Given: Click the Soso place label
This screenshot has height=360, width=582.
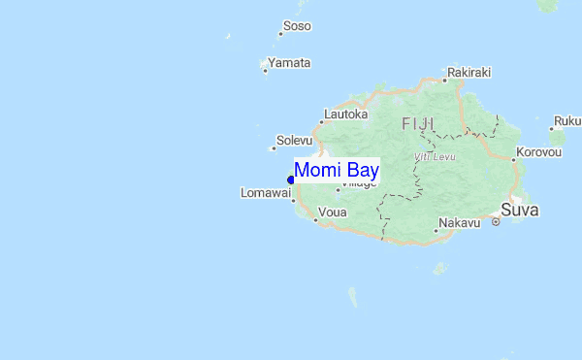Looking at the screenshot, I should click(x=297, y=26).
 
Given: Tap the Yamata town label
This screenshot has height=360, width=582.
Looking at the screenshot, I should click(x=290, y=63).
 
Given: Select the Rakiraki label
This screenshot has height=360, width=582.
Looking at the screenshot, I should click(x=469, y=72).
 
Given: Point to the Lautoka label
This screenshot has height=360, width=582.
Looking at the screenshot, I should click(x=347, y=114).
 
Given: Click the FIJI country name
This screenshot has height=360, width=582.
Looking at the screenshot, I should click(x=418, y=123).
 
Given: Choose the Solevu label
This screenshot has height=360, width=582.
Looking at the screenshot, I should click(x=295, y=141).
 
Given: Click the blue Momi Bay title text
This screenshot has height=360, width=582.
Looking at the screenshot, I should click(x=337, y=170).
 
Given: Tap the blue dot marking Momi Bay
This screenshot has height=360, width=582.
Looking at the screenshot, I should click(x=291, y=179).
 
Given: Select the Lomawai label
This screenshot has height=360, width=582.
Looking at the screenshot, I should click(x=266, y=193).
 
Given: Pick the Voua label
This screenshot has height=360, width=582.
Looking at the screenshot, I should click(x=333, y=212).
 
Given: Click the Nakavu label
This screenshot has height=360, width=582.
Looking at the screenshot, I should click(x=460, y=223).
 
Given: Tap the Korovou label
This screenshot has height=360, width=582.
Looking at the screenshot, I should click(x=539, y=152).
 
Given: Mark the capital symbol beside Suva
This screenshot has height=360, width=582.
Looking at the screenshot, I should click(x=496, y=222).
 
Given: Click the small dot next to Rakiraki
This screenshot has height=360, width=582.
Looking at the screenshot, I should click(x=445, y=77).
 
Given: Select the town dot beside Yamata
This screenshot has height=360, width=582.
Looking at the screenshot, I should click(x=265, y=69).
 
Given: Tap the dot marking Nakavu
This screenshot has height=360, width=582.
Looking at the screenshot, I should click(x=436, y=230).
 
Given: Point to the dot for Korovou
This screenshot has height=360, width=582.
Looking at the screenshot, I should click(x=514, y=158).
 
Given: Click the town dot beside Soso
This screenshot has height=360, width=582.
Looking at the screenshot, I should click(x=280, y=33).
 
